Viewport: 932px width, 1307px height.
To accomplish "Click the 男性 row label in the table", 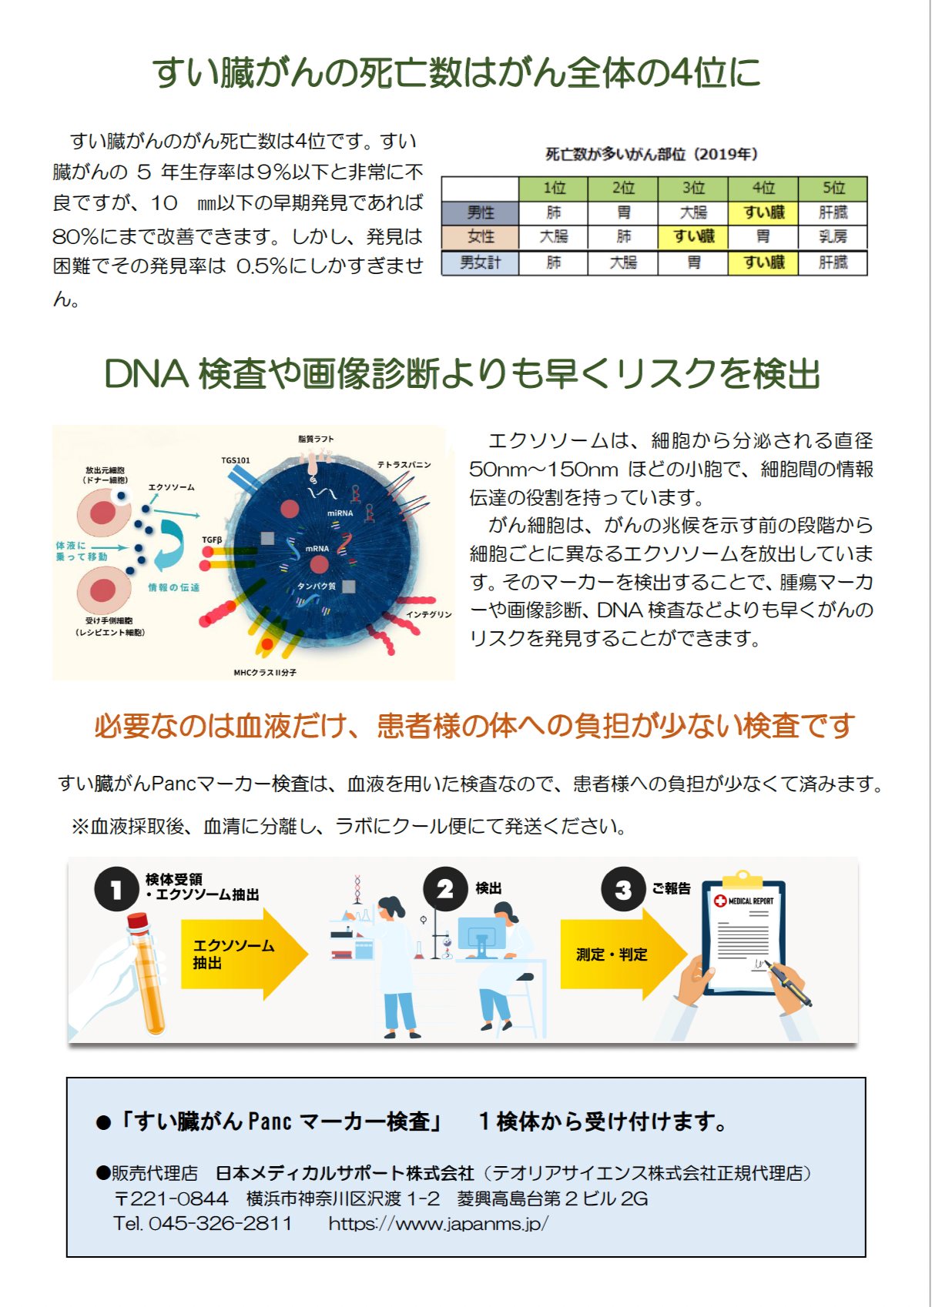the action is (x=480, y=212).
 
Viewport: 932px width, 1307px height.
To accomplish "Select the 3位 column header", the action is (x=693, y=188).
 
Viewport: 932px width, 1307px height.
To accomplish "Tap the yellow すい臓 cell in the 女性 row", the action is (x=693, y=236).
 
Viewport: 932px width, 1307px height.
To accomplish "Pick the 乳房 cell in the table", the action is (x=833, y=236).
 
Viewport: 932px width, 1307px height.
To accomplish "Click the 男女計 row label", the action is (x=480, y=262).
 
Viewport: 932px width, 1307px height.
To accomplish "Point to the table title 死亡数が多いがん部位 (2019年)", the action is (x=651, y=154).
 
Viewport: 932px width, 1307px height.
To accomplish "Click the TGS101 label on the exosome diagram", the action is (x=236, y=460).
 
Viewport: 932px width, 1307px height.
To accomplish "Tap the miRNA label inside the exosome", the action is (x=340, y=513).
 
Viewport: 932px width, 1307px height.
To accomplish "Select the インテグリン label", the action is (x=429, y=614).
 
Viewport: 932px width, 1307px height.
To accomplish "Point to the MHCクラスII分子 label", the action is (x=265, y=672).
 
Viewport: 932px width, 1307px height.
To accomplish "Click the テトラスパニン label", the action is (x=404, y=464).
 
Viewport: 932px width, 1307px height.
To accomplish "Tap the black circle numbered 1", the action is (x=117, y=889).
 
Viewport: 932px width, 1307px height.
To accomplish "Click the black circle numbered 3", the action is (x=623, y=889).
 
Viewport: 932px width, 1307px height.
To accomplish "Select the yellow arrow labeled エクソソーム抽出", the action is (x=245, y=954).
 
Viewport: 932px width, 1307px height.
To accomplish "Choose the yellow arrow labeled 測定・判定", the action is (x=624, y=954).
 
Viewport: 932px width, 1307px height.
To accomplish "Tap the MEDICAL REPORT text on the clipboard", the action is (x=750, y=901).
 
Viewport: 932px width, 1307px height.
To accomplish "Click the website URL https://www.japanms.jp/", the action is (x=438, y=1223).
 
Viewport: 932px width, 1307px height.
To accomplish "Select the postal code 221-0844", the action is (x=179, y=1198).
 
